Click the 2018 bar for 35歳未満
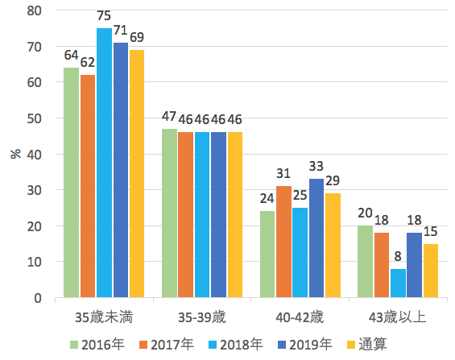click(104, 163)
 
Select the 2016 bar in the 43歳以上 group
click(365, 262)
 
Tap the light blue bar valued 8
click(398, 283)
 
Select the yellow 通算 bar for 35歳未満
click(137, 174)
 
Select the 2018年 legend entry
click(234, 345)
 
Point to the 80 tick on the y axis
click(35, 10)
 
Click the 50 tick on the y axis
click(35, 118)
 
